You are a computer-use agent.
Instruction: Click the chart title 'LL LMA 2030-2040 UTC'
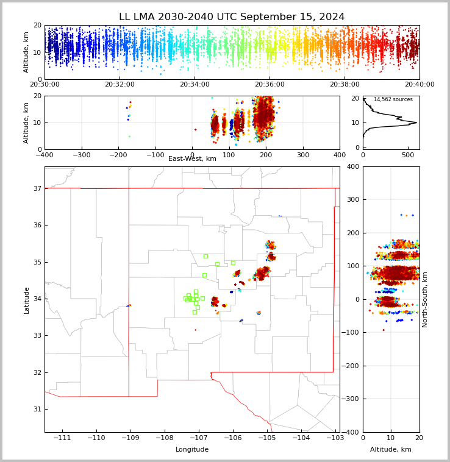[x=232, y=17]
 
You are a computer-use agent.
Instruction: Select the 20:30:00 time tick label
[x=45, y=85]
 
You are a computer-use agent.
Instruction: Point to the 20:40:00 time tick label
[x=419, y=85]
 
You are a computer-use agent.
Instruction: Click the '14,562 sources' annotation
[x=393, y=99]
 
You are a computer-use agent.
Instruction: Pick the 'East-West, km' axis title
[x=192, y=159]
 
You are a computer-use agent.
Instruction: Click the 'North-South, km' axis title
[x=425, y=299]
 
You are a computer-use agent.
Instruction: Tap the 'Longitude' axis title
[x=192, y=450]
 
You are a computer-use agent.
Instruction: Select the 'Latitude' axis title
[x=26, y=300]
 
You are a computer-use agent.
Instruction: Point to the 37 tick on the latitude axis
[x=37, y=188]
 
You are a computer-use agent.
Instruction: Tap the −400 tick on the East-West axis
[x=45, y=155]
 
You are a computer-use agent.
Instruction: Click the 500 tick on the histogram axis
[x=408, y=155]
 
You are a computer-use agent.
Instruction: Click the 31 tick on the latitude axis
[x=37, y=409]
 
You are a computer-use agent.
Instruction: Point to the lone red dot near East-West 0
[x=195, y=129]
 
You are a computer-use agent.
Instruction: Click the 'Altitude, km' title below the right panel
[x=391, y=450]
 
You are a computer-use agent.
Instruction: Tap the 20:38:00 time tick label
[x=345, y=85]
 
